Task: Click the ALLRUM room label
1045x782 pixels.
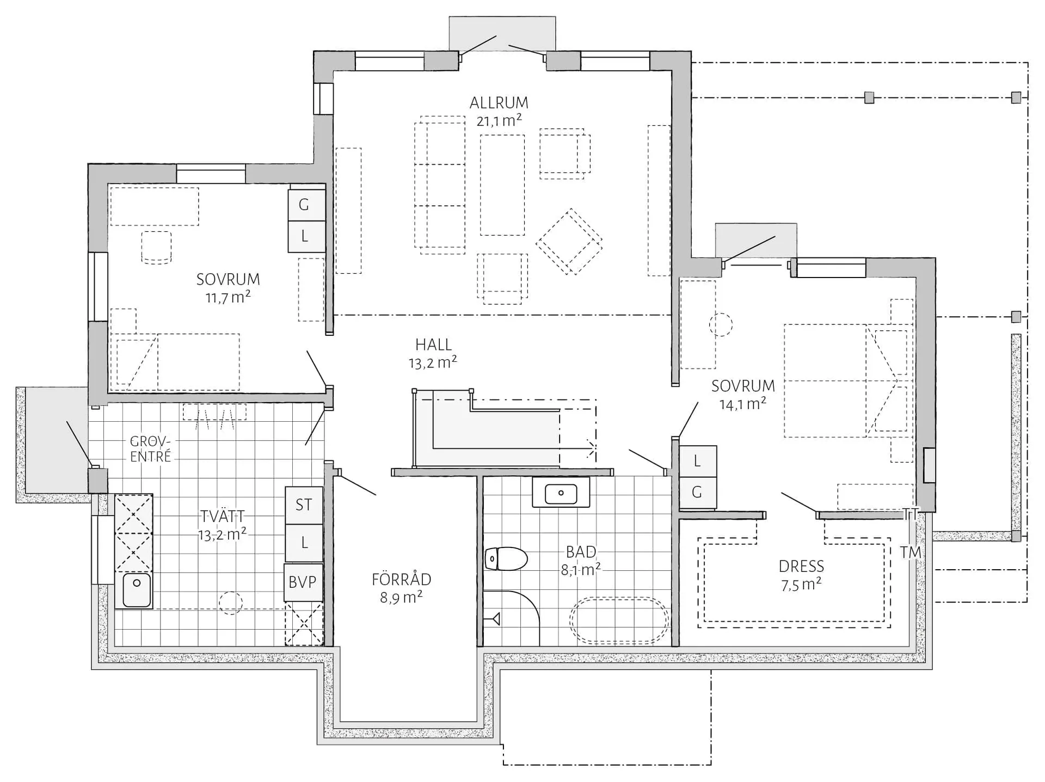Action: click(x=499, y=102)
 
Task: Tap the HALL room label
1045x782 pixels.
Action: click(x=433, y=344)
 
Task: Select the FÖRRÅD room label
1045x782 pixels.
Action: click(x=402, y=579)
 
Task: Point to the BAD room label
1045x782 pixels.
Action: click(x=581, y=552)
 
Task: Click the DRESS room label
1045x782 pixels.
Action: click(x=801, y=567)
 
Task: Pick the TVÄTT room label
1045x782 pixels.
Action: click(x=222, y=516)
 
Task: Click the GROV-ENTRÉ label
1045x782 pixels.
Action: click(x=150, y=449)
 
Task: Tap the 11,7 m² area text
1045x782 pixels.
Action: click(x=228, y=297)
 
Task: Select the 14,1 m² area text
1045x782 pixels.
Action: click(x=743, y=404)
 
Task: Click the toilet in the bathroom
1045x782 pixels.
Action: click(x=506, y=559)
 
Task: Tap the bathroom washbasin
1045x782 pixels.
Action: click(x=561, y=493)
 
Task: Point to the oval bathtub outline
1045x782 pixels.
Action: click(x=619, y=620)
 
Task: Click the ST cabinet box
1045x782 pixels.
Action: click(x=304, y=505)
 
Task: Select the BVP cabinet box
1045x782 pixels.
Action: click(x=303, y=582)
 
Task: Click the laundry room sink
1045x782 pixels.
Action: click(x=136, y=590)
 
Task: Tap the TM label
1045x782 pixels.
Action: click(x=911, y=552)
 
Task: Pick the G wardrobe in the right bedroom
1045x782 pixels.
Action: click(x=697, y=492)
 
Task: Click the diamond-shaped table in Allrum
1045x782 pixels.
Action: click(x=569, y=242)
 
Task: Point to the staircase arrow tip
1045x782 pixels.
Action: click(x=595, y=449)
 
